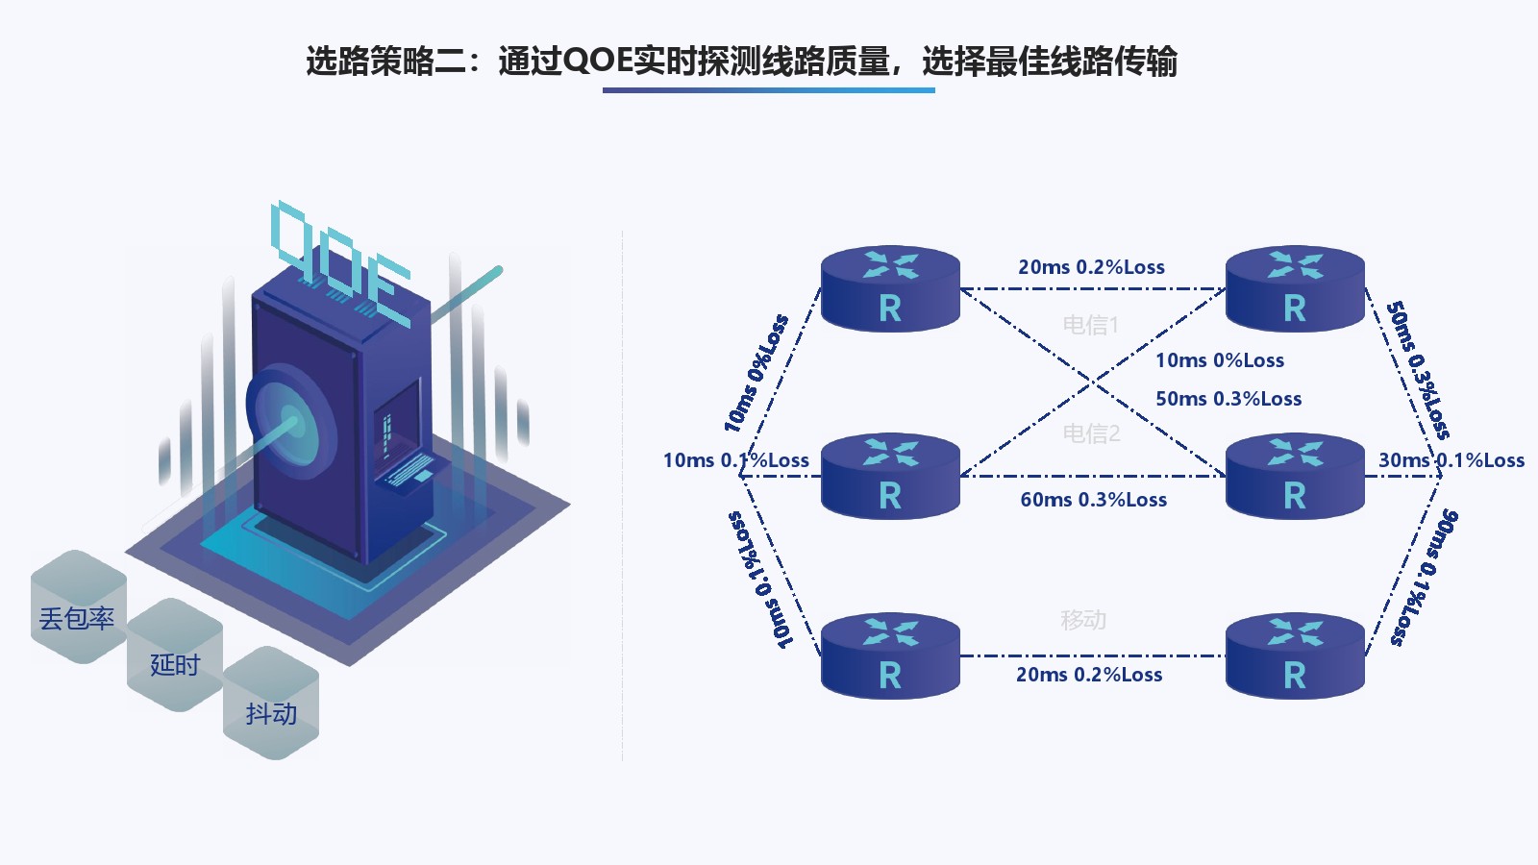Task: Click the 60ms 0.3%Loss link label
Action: tap(1093, 500)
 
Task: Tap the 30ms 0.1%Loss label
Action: tap(1451, 460)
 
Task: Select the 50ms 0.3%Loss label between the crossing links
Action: tap(1228, 399)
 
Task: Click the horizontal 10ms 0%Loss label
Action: tap(1219, 360)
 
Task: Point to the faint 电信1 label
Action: tap(1090, 325)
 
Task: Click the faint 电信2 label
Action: tap(1091, 433)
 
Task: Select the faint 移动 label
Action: tap(1083, 620)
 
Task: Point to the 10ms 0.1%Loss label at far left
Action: tap(735, 460)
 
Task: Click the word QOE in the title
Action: tap(597, 62)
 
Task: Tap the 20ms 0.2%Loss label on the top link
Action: tap(1091, 267)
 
